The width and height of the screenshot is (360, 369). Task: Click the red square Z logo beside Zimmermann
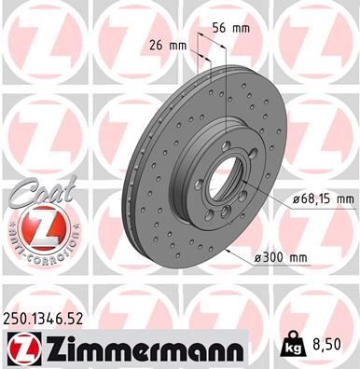click(x=20, y=348)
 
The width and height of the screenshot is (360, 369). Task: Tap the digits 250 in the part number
click(x=17, y=318)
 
